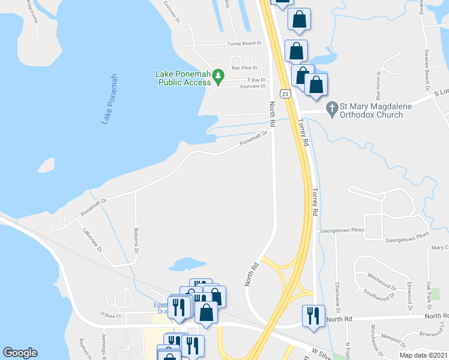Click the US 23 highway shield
[x=286, y=94]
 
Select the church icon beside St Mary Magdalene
[x=331, y=108]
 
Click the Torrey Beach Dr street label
[x=245, y=44]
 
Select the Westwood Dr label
[x=384, y=280]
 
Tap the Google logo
[x=20, y=353]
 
